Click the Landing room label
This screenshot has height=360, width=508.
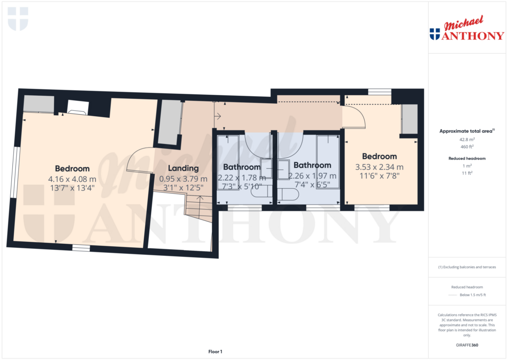(183, 168)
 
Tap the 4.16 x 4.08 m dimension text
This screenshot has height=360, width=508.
(72, 179)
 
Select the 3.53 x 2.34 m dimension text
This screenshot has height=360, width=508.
(380, 167)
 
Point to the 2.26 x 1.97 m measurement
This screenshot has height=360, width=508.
(312, 176)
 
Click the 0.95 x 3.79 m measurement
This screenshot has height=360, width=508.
(183, 179)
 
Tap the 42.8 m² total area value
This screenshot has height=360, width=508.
(466, 140)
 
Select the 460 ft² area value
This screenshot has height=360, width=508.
(466, 146)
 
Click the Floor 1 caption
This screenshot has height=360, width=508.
(215, 352)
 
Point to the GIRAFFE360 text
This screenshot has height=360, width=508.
(467, 345)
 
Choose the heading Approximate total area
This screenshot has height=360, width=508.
(466, 131)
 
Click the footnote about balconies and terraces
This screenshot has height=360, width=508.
(467, 267)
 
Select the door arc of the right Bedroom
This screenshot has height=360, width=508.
(355, 117)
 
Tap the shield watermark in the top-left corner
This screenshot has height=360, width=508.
(18, 18)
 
